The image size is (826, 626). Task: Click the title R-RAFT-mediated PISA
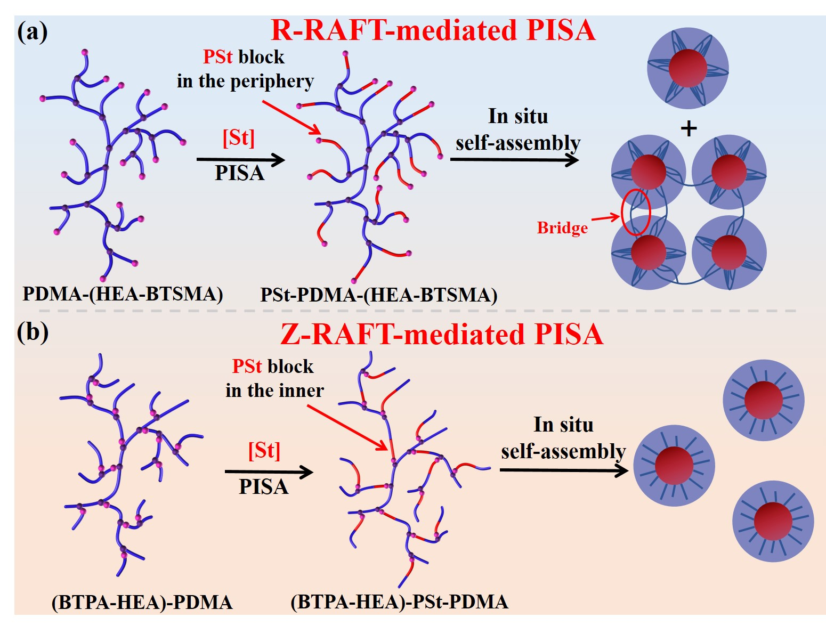pyautogui.click(x=433, y=30)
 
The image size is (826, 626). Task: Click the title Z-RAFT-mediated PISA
pyautogui.click(x=442, y=335)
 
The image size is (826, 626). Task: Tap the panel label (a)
pyautogui.click(x=33, y=32)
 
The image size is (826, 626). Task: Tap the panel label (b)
pyautogui.click(x=33, y=331)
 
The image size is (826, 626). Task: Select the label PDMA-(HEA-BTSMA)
pyautogui.click(x=123, y=294)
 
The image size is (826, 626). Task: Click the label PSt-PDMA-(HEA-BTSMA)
pyautogui.click(x=378, y=295)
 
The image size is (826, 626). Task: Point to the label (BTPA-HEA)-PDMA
pyautogui.click(x=142, y=602)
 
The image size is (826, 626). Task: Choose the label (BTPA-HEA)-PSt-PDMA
pyautogui.click(x=399, y=602)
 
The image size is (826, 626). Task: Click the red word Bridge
pyautogui.click(x=562, y=228)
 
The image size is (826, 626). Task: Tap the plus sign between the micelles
pyautogui.click(x=689, y=128)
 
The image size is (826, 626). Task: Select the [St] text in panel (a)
pyautogui.click(x=238, y=138)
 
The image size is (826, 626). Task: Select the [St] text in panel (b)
pyautogui.click(x=264, y=451)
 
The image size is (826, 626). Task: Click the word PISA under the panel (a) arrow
pyautogui.click(x=239, y=173)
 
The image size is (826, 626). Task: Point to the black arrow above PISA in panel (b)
pyautogui.click(x=269, y=471)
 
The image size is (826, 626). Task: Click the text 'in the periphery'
pyautogui.click(x=245, y=81)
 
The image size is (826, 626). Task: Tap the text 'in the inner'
pyautogui.click(x=274, y=391)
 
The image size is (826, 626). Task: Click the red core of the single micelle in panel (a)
pyautogui.click(x=687, y=68)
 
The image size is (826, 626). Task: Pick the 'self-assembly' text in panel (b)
pyautogui.click(x=563, y=451)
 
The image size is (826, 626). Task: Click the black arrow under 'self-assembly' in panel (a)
pyautogui.click(x=514, y=159)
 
